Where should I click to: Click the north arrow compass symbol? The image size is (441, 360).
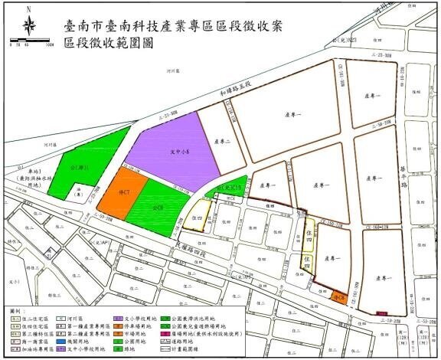pos(29,25)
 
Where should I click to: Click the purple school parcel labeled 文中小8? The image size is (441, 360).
pos(175,152)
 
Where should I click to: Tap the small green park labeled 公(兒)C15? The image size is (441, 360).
pos(229,186)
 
